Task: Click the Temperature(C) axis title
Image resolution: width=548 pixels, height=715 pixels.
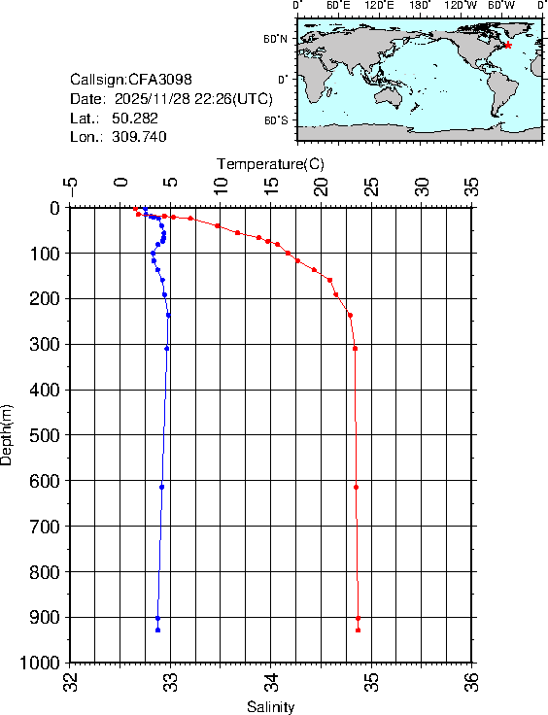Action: [270, 164]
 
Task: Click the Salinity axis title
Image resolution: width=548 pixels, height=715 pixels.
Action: [270, 706]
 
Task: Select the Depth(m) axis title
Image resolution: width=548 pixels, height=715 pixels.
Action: [8, 433]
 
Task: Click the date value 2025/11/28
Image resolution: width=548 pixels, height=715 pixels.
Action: [154, 98]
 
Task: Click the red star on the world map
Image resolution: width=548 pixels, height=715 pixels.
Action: [508, 46]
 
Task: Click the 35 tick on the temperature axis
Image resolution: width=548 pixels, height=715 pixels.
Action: [471, 186]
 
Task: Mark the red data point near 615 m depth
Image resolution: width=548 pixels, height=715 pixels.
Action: [357, 487]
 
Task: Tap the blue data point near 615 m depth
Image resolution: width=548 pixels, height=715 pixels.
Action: [161, 487]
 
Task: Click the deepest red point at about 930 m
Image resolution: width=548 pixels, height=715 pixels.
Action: [359, 630]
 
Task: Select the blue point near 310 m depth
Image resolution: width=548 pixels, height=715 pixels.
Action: [167, 348]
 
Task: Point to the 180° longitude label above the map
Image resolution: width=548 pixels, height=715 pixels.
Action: [419, 6]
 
